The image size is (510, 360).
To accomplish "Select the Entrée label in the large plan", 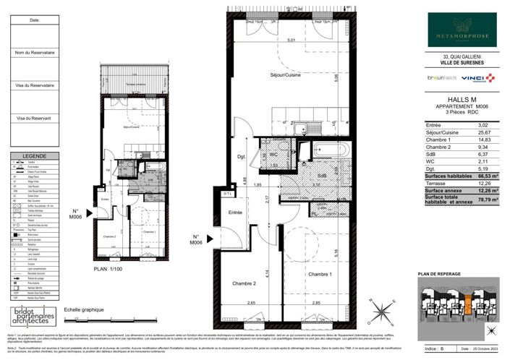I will pos(236,213).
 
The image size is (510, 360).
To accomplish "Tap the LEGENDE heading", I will pos(34,155).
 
